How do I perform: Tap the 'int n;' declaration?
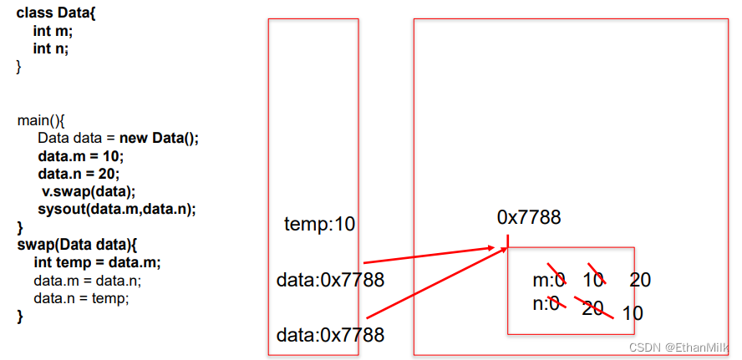(x=51, y=48)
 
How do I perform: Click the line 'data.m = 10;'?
(x=80, y=156)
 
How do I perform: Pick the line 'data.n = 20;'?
(x=79, y=174)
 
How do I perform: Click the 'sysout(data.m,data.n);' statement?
(x=116, y=209)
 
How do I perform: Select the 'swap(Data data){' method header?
(x=75, y=245)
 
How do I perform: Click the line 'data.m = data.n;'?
(x=87, y=280)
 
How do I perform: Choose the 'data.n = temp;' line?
(x=81, y=297)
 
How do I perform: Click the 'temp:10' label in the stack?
(x=319, y=224)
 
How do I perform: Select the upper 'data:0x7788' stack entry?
(x=330, y=280)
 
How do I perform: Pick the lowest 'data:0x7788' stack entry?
(x=330, y=335)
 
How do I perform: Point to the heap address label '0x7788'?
(x=529, y=217)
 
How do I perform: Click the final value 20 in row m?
(x=640, y=280)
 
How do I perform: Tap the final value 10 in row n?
(x=633, y=314)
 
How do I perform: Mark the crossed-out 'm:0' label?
(x=549, y=279)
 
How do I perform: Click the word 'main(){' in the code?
(x=40, y=119)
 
